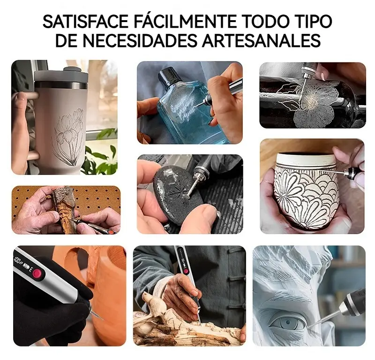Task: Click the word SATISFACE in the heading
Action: tap(86, 22)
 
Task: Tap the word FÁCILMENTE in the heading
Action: tap(185, 21)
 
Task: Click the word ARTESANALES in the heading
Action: tap(261, 40)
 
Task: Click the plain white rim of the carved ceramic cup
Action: tap(306, 159)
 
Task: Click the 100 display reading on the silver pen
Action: tap(18, 260)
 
